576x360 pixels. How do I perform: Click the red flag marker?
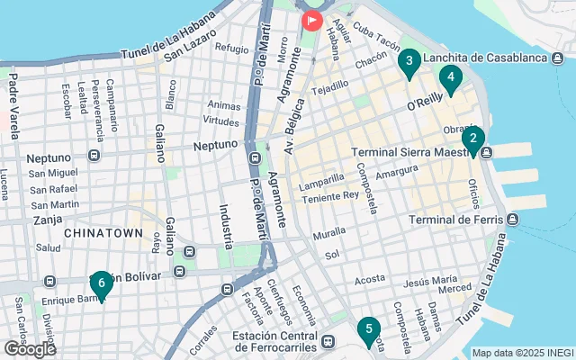pos(312,18)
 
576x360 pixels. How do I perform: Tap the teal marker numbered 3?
pos(409,62)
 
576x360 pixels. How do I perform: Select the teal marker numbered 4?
pos(451,77)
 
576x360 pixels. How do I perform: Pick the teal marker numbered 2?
pos(472,139)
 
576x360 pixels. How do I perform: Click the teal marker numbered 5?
pos(366,330)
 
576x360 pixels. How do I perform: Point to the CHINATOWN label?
pos(103,233)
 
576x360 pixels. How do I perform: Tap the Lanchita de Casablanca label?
pos(485,58)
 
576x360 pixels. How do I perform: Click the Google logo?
pos(30,348)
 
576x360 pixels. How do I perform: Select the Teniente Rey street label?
pos(331,193)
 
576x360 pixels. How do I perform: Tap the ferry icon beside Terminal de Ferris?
pos(513,220)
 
